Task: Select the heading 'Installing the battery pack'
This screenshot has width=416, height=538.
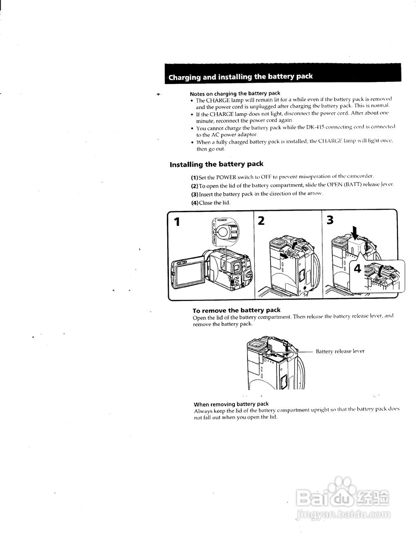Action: pyautogui.click(x=216, y=164)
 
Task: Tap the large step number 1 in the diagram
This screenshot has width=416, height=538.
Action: pyautogui.click(x=177, y=222)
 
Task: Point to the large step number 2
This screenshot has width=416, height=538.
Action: pyautogui.click(x=261, y=221)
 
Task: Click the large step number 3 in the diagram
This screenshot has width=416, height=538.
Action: pyautogui.click(x=330, y=220)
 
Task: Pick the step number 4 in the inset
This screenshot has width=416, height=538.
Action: pyautogui.click(x=358, y=268)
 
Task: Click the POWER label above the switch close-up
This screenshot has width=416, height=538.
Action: pyautogui.click(x=222, y=220)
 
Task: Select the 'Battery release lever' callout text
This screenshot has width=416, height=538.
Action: pyautogui.click(x=340, y=351)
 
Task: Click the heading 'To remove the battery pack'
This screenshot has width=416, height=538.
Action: pyautogui.click(x=236, y=310)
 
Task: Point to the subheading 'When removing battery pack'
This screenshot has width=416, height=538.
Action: pyautogui.click(x=231, y=404)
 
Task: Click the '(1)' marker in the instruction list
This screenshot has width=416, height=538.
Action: pyautogui.click(x=195, y=177)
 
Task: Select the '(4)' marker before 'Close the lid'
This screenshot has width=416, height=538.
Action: pyautogui.click(x=195, y=203)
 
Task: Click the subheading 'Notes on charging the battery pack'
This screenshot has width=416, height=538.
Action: pyautogui.click(x=235, y=93)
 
